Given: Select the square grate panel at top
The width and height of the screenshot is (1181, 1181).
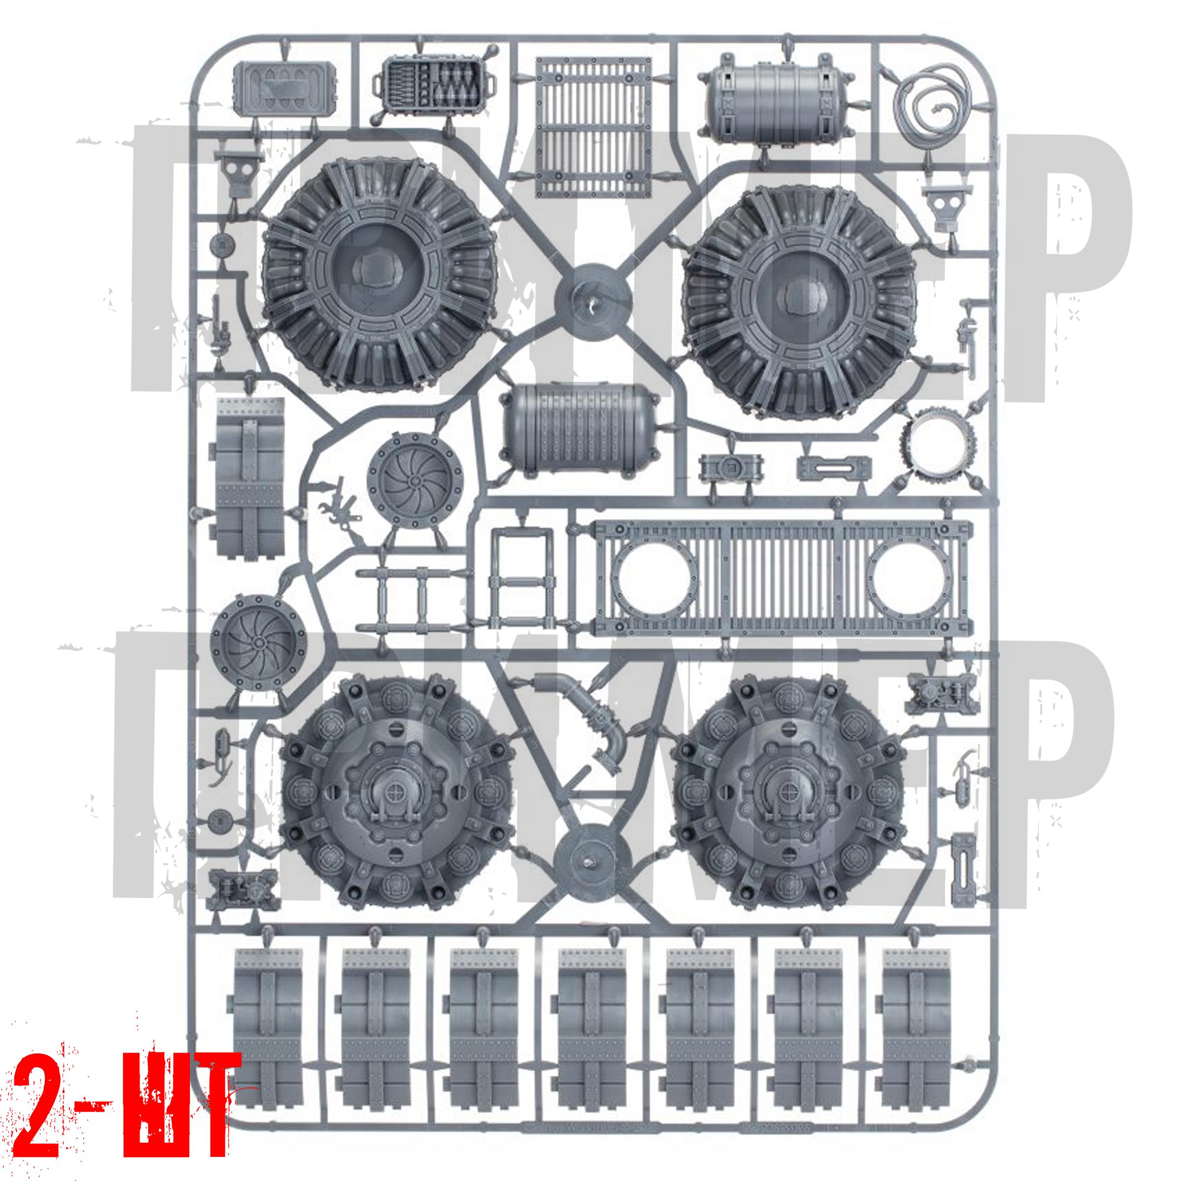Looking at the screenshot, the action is click(592, 127).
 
